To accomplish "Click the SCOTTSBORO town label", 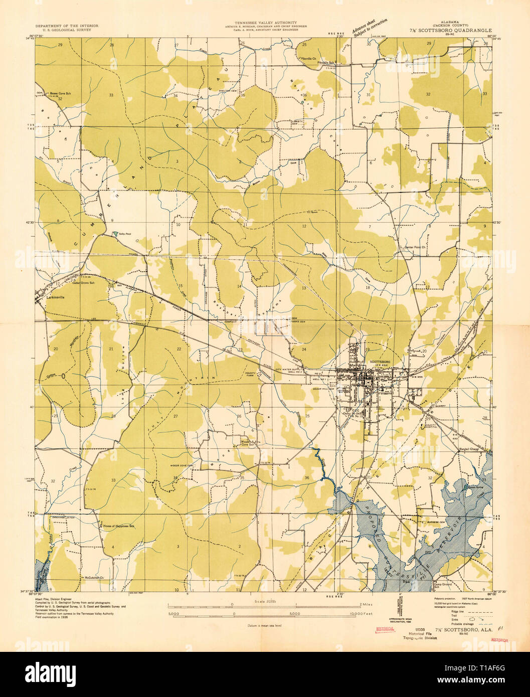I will click(x=380, y=362).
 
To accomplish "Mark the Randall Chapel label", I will click(x=471, y=449).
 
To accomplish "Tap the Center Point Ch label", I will click(x=416, y=247).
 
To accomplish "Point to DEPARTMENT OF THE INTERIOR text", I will click(x=67, y=26).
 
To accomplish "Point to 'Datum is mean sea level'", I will click(x=264, y=626).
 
